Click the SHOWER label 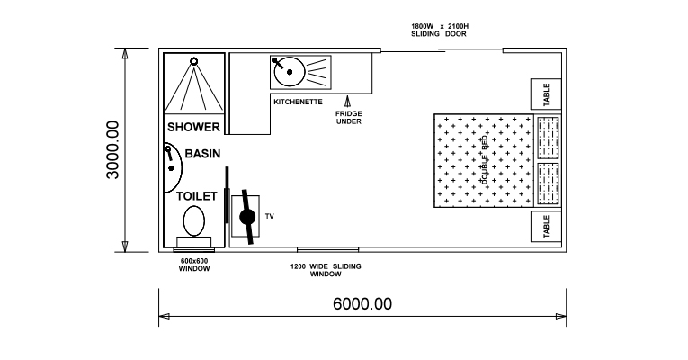pos(193,128)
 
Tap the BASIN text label pos(202,154)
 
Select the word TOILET pos(197,195)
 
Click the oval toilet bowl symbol pos(193,220)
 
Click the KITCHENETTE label pos(298,102)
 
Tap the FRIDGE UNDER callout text pos(348,119)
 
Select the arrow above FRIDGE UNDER pos(348,101)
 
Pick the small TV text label pos(268,216)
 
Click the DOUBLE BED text pos(484,163)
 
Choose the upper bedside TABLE pos(546,93)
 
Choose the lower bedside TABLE pos(546,228)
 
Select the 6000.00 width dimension pos(362,303)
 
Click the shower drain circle pos(193,59)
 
